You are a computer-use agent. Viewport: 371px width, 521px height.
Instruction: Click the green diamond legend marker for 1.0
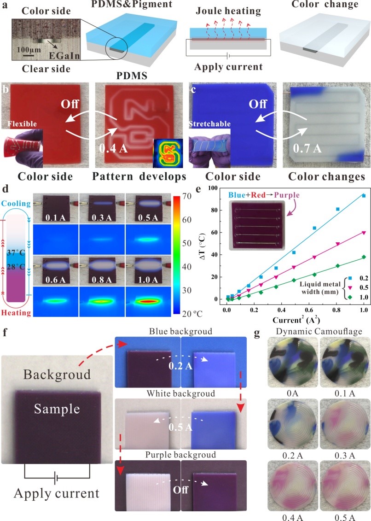click(341, 297)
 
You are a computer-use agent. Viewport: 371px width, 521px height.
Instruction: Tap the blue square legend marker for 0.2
click(341, 278)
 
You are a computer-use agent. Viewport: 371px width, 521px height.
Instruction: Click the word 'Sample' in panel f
click(56, 408)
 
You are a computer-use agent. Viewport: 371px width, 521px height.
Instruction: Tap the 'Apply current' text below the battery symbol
click(57, 493)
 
